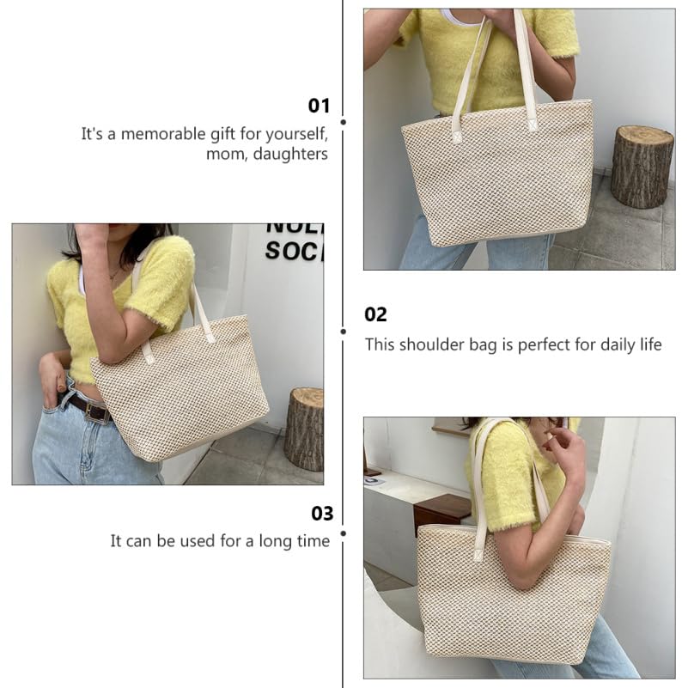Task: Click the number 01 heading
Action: click(319, 106)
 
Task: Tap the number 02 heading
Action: click(376, 314)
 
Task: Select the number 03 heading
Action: click(321, 514)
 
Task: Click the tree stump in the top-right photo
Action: click(642, 166)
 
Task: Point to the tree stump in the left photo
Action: click(304, 428)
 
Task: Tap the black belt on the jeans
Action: click(89, 409)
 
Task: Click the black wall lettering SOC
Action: click(292, 251)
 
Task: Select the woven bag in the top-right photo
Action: click(498, 176)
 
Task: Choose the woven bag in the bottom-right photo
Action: click(512, 597)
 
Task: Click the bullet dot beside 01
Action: click(344, 123)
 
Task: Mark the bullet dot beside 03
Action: click(344, 533)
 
